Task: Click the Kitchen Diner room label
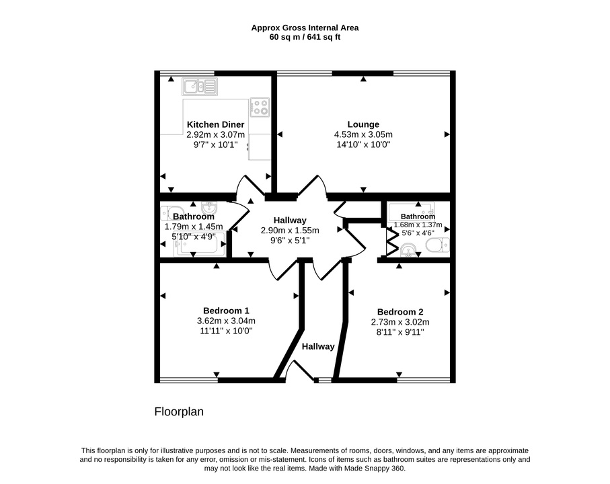pos(215,124)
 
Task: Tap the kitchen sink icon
pos(200,87)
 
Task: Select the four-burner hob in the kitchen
pos(260,108)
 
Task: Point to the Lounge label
pos(363,124)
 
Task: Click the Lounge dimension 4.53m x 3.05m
pos(363,134)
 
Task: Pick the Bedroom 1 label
pos(226,311)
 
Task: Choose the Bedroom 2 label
pos(400,312)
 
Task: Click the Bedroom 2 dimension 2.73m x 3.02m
pos(400,322)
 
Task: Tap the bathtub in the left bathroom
pos(200,244)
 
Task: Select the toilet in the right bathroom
pos(438,245)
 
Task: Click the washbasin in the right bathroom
pos(408,250)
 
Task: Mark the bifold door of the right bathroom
pos(391,242)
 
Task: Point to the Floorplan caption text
pos(179,411)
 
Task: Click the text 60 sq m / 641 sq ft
pos(305,38)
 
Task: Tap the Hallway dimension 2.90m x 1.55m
pos(290,230)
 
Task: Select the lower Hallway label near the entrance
pos(318,346)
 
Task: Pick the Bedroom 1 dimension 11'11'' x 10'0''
pos(226,331)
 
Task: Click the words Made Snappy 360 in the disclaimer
pos(374,469)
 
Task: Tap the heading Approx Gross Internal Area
pos(305,28)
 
